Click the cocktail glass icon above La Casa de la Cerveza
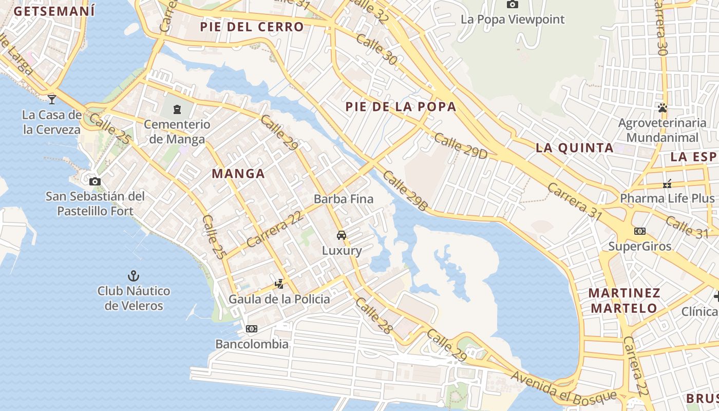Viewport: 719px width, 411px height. click(x=52, y=99)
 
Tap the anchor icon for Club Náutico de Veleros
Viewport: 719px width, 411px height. click(x=134, y=276)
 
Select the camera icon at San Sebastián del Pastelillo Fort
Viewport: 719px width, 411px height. click(x=95, y=181)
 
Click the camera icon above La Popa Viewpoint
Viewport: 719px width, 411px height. click(x=512, y=5)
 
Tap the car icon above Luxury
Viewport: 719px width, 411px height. click(x=341, y=235)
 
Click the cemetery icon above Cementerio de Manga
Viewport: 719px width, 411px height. click(x=177, y=109)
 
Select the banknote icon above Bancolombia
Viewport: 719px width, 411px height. click(x=252, y=329)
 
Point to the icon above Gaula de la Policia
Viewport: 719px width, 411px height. click(x=279, y=284)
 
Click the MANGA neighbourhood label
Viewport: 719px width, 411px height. click(x=238, y=174)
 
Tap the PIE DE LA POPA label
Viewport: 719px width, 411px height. click(x=401, y=107)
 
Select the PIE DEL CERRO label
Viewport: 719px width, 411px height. click(x=252, y=27)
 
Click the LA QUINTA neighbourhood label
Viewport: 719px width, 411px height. click(x=575, y=148)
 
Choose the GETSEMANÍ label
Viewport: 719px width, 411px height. click(x=54, y=11)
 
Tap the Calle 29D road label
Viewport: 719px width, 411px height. click(x=461, y=146)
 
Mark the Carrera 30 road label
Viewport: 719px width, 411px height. click(x=661, y=28)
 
